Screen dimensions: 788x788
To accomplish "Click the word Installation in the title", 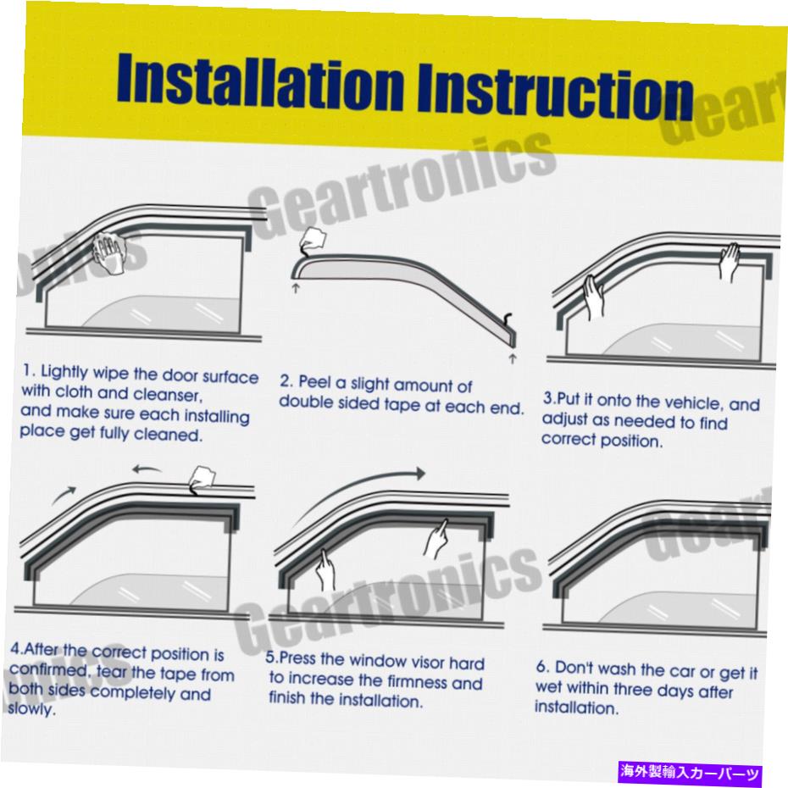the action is (x=261, y=80).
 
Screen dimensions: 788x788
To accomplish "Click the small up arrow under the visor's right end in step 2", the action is (x=513, y=358).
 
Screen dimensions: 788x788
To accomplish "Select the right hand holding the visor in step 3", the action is (x=730, y=261).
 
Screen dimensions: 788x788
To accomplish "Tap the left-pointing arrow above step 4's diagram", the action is (x=147, y=470).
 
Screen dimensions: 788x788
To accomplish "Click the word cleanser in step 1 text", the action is (x=168, y=395).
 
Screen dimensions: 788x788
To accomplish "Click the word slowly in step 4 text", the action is (x=31, y=709).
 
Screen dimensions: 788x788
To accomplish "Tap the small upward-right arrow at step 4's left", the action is (x=64, y=494).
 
